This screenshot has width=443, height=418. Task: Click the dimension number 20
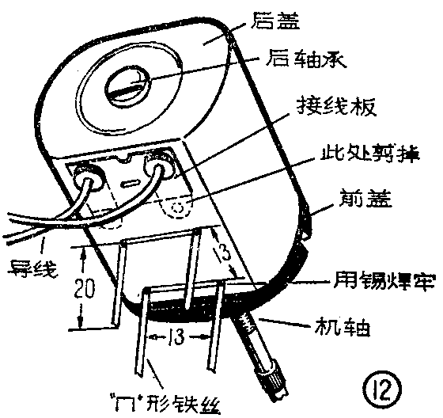(x=94, y=289)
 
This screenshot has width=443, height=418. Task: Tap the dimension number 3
(x=225, y=255)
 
